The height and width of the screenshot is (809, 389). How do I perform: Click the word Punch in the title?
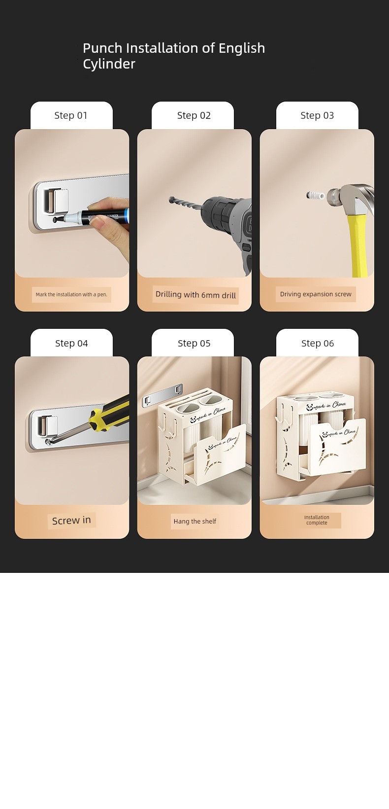click(x=102, y=48)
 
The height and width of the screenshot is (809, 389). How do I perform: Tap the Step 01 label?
click(x=71, y=115)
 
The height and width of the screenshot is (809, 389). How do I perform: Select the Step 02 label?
click(x=194, y=115)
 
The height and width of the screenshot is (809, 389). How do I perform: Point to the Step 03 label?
click(x=317, y=115)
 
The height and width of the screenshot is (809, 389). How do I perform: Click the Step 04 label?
click(x=71, y=343)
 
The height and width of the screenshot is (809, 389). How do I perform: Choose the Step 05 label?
click(x=194, y=343)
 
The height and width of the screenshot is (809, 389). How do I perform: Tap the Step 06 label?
click(x=318, y=343)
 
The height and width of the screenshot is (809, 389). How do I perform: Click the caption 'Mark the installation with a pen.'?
click(x=71, y=294)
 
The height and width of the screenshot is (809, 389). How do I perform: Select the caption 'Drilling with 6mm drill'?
click(x=195, y=295)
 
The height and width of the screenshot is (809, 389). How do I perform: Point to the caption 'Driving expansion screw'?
click(x=316, y=294)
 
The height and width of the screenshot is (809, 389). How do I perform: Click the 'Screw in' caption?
click(x=71, y=521)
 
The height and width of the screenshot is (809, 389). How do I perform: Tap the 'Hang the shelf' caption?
click(x=195, y=521)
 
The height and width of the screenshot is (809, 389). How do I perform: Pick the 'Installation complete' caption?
click(x=317, y=520)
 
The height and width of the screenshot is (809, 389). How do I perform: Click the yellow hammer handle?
click(x=358, y=246)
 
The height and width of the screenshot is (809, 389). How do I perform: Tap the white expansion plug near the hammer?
click(x=316, y=196)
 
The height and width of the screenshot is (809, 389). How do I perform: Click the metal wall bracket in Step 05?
click(x=163, y=395)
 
